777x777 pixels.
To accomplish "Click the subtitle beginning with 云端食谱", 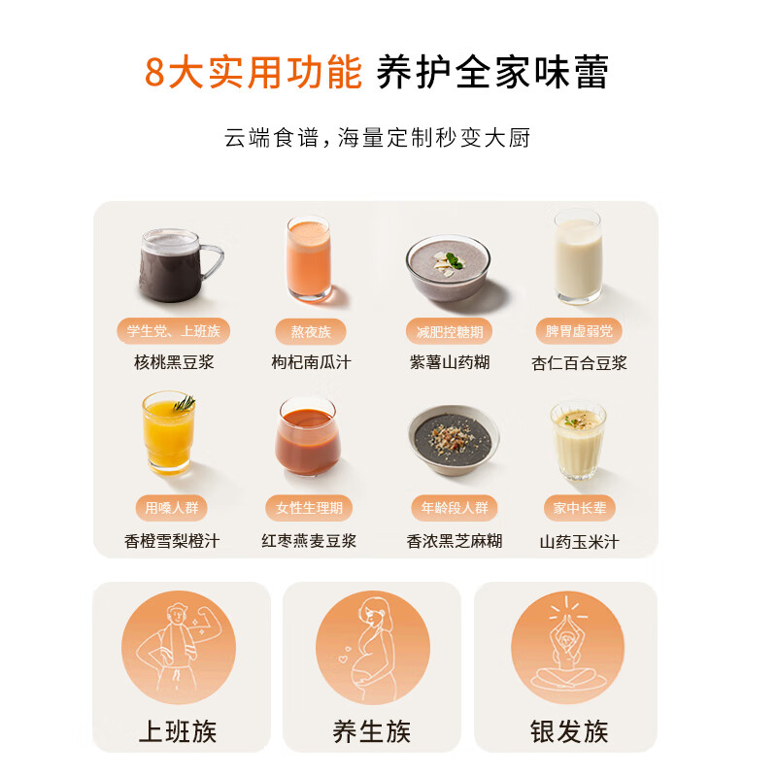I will point(378,138).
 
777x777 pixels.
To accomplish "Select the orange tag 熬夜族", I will point(311,331).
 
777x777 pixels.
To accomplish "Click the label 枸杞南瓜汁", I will point(311,362).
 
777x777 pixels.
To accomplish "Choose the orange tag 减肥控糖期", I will point(448,331).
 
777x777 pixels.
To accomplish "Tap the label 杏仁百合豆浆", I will point(579,363).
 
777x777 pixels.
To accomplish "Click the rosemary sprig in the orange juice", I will point(183,402).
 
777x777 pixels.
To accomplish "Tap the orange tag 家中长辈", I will point(580,508).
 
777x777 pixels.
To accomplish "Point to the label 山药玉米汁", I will point(580,542).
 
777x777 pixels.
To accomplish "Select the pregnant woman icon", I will point(373,648).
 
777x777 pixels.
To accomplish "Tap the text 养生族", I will point(372,730).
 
